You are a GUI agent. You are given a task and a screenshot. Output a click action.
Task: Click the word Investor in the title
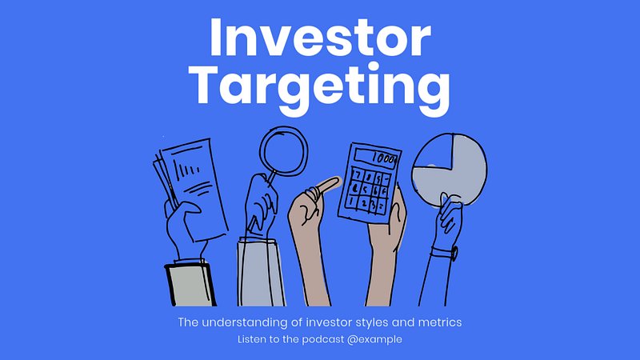[x=320, y=37]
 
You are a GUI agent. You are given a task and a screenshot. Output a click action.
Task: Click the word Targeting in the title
[x=319, y=89]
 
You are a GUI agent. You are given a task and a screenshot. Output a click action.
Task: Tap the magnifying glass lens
[x=283, y=150]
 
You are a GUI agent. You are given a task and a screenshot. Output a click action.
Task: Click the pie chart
[x=449, y=169]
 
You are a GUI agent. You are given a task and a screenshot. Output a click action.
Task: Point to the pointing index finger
[x=327, y=186]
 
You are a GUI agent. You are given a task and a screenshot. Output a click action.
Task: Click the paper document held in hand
[x=190, y=189]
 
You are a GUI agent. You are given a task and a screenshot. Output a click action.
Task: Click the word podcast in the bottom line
[x=323, y=339]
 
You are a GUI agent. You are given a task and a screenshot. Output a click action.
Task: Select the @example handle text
[x=374, y=339]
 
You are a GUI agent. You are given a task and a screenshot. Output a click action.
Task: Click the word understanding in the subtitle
[x=245, y=322]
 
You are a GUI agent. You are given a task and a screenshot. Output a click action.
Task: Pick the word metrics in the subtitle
[x=440, y=322]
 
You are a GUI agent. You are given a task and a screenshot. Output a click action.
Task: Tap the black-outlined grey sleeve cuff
[x=190, y=285]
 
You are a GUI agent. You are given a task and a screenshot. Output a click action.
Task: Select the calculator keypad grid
[x=367, y=190]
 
